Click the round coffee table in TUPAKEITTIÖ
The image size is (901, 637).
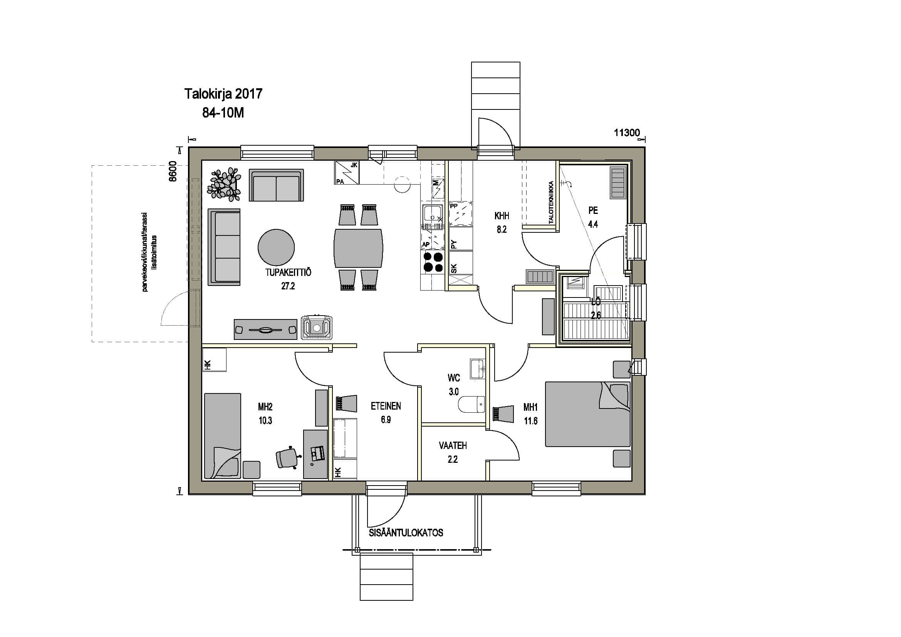point(276,248)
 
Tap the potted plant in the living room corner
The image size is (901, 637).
point(224,185)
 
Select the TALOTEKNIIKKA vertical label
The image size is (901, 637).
point(551,203)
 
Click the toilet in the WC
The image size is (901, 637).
point(471,404)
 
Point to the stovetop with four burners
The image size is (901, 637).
point(432,262)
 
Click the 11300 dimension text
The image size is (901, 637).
point(627,133)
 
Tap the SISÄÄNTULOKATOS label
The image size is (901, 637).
point(406,533)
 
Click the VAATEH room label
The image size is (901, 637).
point(453,445)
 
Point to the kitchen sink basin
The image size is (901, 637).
point(433,215)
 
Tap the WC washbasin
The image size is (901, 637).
point(478,369)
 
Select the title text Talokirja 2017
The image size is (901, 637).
point(223,94)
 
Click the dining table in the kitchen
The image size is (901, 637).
point(358,248)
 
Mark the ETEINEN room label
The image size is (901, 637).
point(386,406)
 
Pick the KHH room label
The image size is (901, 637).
point(502,215)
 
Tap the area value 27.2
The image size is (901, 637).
point(288,286)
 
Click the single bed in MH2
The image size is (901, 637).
point(223,436)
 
